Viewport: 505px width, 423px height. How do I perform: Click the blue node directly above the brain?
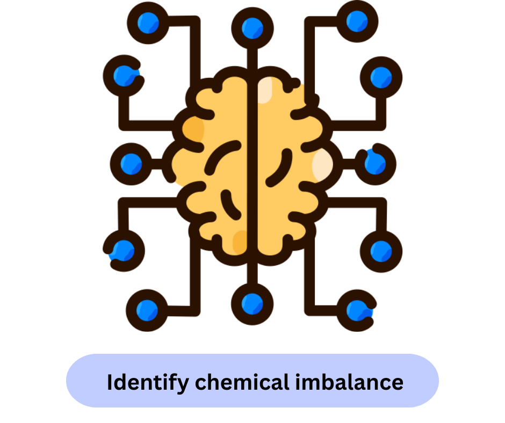click(252, 27)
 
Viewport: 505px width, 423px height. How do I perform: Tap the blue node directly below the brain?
click(252, 303)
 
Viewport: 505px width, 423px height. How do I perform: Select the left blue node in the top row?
click(147, 22)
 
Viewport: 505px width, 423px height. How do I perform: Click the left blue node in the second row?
click(124, 75)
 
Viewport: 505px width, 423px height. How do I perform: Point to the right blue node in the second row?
click(381, 75)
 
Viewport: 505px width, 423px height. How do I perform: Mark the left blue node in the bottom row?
click(147, 309)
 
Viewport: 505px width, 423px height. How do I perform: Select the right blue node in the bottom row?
click(356, 310)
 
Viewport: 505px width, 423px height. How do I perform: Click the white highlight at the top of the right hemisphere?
click(265, 91)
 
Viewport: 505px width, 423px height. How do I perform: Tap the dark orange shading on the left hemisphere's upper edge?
click(193, 129)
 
